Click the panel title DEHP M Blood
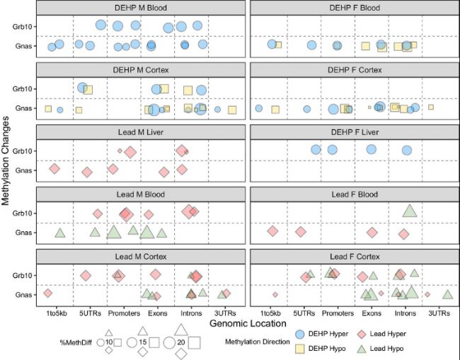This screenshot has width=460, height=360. [141, 8]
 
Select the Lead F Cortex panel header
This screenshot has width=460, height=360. [355, 257]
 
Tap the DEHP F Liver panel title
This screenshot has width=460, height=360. [355, 132]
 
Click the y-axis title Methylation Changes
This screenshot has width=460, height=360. [5, 161]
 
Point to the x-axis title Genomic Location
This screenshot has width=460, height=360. [248, 323]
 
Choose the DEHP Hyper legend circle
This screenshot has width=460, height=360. [299, 334]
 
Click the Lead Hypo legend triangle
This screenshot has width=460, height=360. [362, 349]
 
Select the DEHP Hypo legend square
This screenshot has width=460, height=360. [299, 349]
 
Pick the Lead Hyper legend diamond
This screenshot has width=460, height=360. [362, 334]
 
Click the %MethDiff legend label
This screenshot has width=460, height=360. [76, 342]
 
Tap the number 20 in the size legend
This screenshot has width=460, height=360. [181, 342]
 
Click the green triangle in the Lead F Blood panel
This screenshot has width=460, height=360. [410, 211]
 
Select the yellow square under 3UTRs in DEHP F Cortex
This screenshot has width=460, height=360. [431, 108]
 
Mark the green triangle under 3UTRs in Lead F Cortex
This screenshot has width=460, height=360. [448, 295]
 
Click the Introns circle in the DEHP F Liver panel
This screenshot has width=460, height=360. [407, 150]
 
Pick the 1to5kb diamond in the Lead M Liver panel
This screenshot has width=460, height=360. [54, 168]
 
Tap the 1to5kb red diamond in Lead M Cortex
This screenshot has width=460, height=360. [48, 293]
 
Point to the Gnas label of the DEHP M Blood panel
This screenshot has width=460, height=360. [23, 46]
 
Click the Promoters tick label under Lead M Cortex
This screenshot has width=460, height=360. [124, 313]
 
